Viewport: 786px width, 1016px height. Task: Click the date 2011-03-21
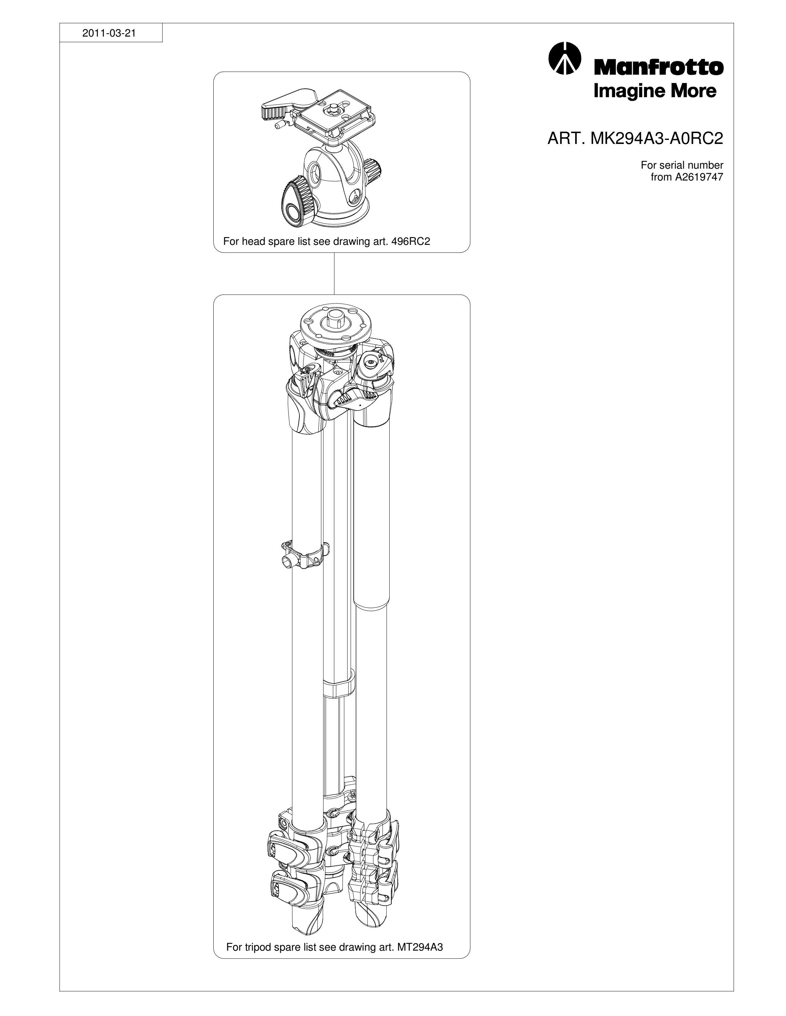pos(109,34)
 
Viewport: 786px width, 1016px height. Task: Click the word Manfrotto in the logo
pos(659,68)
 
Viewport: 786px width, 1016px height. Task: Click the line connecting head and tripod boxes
pos(334,274)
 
